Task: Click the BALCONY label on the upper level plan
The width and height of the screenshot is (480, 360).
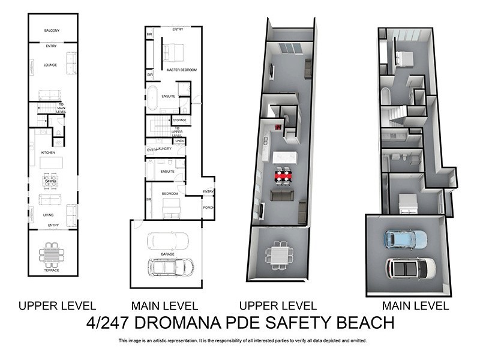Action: click(52, 31)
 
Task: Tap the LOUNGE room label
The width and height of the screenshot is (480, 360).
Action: click(50, 65)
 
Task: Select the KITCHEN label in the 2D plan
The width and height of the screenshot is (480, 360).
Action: click(48, 153)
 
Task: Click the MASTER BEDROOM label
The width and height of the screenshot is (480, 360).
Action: click(181, 70)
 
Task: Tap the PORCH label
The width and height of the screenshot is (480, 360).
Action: click(208, 208)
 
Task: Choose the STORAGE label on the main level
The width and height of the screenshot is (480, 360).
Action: click(180, 120)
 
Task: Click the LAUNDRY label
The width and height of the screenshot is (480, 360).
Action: click(164, 148)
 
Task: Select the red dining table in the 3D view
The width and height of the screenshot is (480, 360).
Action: click(286, 176)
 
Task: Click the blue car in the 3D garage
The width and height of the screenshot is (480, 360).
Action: click(405, 239)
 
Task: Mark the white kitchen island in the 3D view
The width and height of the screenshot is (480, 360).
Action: click(285, 157)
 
